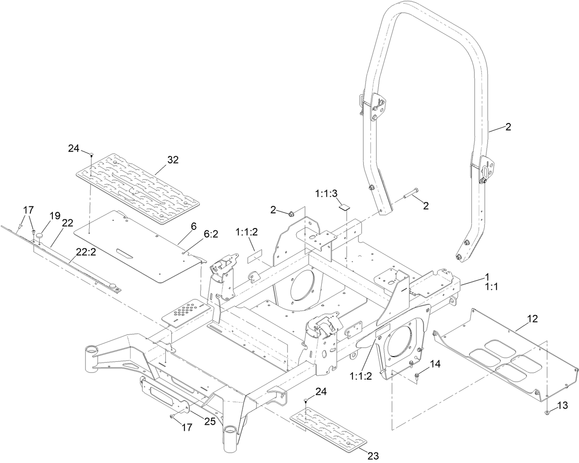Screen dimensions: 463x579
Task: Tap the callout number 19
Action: (x=55, y=215)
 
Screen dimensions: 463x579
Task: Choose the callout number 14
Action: (x=435, y=364)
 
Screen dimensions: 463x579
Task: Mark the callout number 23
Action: (x=373, y=456)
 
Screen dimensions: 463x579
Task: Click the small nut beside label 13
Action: (x=546, y=411)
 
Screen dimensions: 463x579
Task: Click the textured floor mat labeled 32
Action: (x=138, y=180)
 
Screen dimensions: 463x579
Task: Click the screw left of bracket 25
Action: (x=172, y=416)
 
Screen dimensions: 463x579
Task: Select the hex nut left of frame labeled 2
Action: (x=291, y=213)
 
